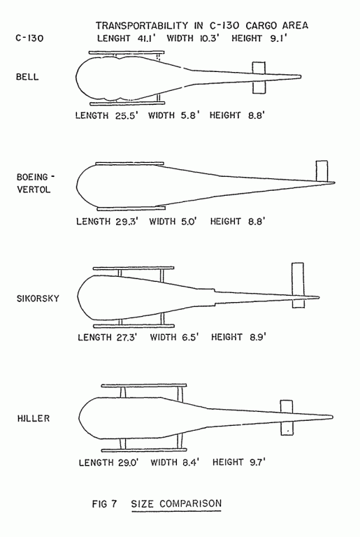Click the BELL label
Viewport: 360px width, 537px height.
pos(27,76)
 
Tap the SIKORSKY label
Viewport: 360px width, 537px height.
pos(38,299)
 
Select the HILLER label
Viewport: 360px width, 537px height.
pos(34,418)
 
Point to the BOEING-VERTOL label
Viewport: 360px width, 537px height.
pos(36,183)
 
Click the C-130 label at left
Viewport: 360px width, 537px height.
pos(29,38)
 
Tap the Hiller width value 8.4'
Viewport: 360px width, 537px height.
pos(191,462)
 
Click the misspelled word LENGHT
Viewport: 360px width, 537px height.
pos(113,38)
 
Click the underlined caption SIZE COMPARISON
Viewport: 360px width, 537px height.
pos(176,503)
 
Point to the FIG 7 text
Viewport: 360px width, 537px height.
pos(104,503)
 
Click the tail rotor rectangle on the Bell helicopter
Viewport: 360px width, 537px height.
pos(259,78)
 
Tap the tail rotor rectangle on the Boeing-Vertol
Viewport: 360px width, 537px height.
pos(322,171)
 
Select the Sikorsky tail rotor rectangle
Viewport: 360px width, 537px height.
pos(298,285)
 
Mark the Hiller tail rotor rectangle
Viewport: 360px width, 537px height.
pos(287,417)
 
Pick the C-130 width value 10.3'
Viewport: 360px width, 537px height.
pos(209,38)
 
